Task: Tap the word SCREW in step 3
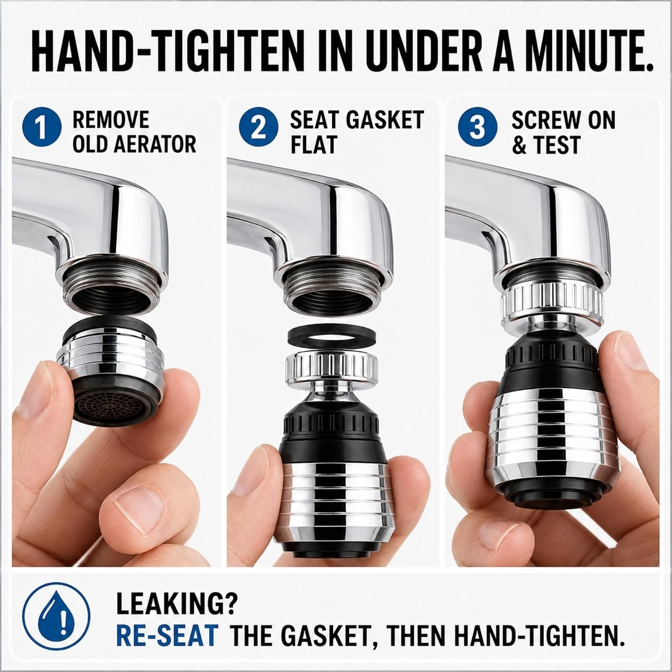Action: click(542, 121)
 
